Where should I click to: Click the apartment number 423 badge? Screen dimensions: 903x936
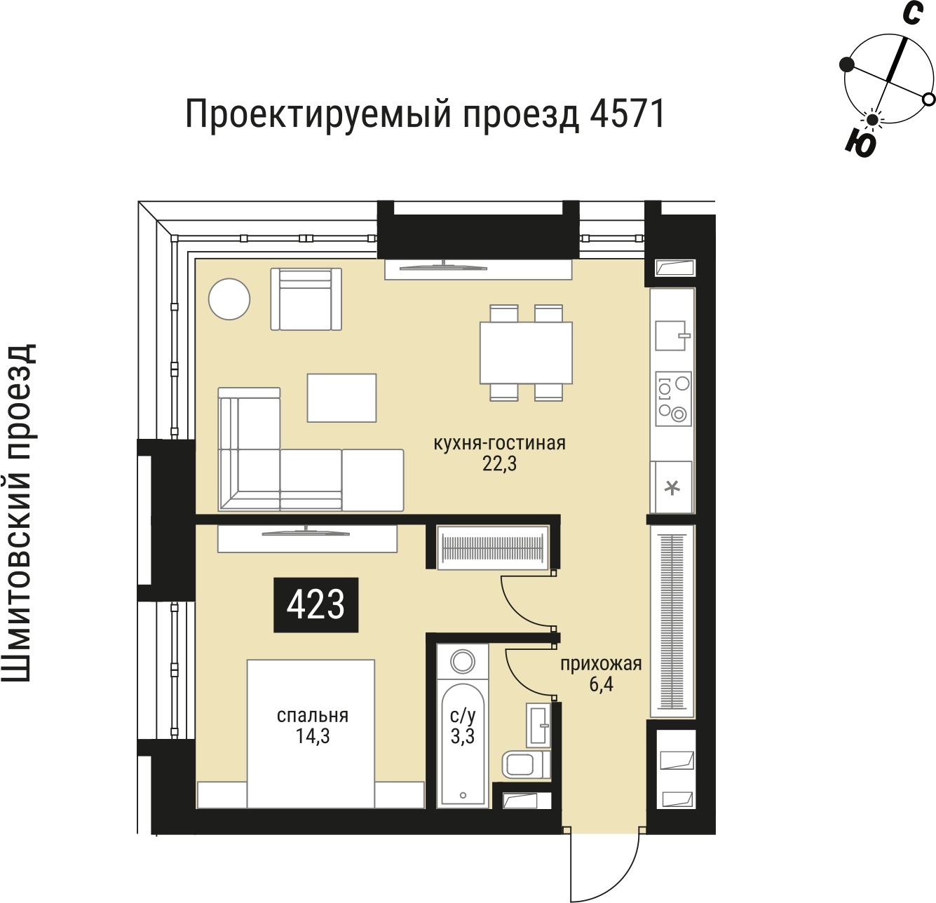click(x=316, y=604)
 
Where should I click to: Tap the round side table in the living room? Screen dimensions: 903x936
click(x=229, y=299)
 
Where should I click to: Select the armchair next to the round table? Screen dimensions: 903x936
click(x=306, y=299)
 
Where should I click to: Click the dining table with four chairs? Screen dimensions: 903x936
click(x=526, y=353)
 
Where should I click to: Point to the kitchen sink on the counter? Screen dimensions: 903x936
click(x=671, y=335)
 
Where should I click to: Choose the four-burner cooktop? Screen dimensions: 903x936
click(x=673, y=399)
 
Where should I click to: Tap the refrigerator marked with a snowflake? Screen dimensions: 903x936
click(x=672, y=487)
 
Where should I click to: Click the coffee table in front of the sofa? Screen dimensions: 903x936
click(x=341, y=398)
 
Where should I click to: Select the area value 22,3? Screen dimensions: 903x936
click(x=499, y=464)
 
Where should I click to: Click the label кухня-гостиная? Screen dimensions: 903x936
click(x=499, y=443)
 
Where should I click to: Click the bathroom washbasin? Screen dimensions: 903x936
click(x=538, y=724)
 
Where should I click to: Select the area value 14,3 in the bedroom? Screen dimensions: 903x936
click(x=313, y=736)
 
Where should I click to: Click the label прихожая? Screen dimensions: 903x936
click(x=601, y=663)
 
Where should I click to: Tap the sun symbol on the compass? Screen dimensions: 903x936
click(x=872, y=121)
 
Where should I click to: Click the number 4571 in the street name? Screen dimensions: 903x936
click(x=628, y=114)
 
